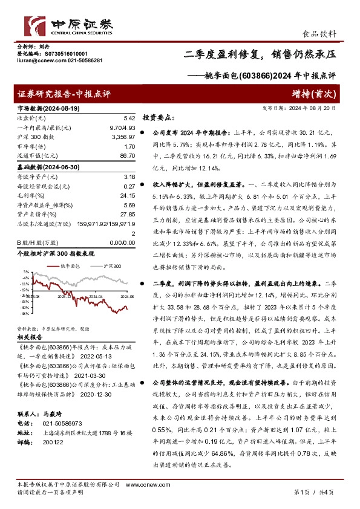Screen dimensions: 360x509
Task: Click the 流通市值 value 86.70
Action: pos(126,157)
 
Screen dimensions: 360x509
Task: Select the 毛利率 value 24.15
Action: pos(126,196)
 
